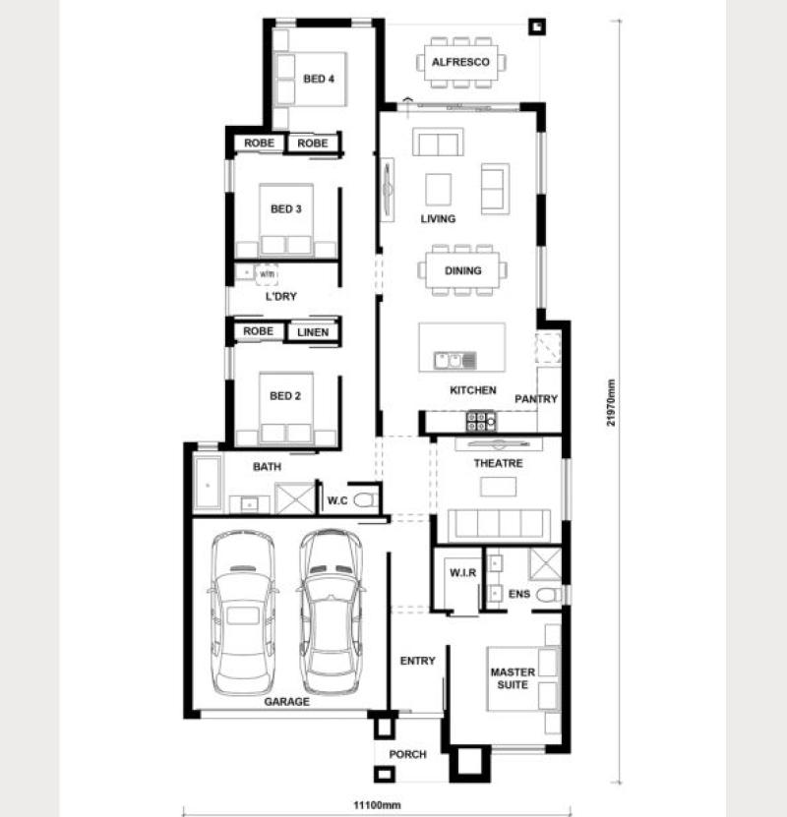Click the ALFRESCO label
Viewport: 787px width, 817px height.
pos(460,62)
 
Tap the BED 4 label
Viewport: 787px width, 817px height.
pos(319,79)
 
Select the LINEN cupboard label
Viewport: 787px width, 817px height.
pos(313,332)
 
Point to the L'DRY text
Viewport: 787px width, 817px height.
pos(281,297)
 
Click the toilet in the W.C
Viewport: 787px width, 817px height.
pos(365,500)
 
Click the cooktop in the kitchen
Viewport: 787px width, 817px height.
pos(480,422)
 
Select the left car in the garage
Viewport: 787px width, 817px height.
pos(243,613)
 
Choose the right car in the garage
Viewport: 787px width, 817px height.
pos(331,613)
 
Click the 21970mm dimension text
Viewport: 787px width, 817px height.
pos(611,402)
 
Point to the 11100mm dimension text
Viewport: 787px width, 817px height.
pos(377,805)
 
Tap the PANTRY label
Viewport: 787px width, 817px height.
pos(536,399)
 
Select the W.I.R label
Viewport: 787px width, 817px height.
pos(462,572)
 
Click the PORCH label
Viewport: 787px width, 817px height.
pos(407,754)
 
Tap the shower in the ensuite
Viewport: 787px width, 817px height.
pos(545,563)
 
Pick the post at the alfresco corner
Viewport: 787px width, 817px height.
pos(537,27)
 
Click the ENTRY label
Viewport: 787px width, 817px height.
pos(417,661)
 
